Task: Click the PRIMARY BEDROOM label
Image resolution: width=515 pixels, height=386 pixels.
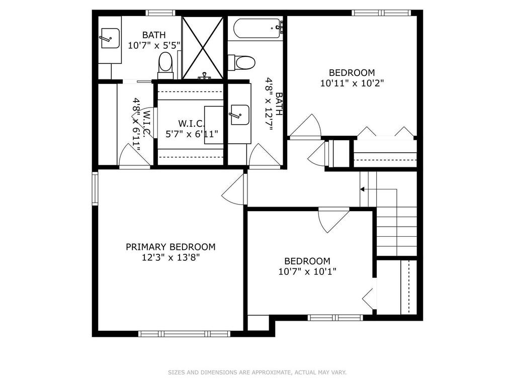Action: tap(170, 247)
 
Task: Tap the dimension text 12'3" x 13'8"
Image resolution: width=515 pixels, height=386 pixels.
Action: tap(170, 257)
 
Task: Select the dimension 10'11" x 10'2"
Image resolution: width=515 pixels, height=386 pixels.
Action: tap(352, 83)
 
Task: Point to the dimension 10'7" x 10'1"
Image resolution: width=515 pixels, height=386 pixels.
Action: tap(307, 272)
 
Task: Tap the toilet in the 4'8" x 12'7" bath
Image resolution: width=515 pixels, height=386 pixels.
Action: tap(242, 62)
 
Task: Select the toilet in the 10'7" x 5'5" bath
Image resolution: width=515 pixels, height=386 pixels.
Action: tap(165, 66)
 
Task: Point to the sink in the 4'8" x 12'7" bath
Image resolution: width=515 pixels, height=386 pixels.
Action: tap(240, 115)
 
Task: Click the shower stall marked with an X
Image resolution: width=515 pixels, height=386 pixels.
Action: tap(203, 48)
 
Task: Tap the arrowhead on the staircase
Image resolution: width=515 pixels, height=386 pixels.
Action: tap(362, 189)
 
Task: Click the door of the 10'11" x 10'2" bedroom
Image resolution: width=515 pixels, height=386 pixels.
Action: tap(305, 126)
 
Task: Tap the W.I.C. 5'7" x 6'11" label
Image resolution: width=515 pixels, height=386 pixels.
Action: tap(192, 129)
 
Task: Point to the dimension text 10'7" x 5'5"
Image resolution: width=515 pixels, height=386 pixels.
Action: tap(154, 45)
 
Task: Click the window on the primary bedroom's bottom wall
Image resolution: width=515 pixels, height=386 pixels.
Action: tap(184, 334)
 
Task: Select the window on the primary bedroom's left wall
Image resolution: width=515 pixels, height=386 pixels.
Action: tap(95, 188)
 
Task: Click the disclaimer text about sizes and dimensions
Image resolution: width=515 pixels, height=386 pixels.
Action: tap(257, 372)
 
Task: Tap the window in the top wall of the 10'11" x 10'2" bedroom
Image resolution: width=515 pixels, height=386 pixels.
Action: tap(381, 13)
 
